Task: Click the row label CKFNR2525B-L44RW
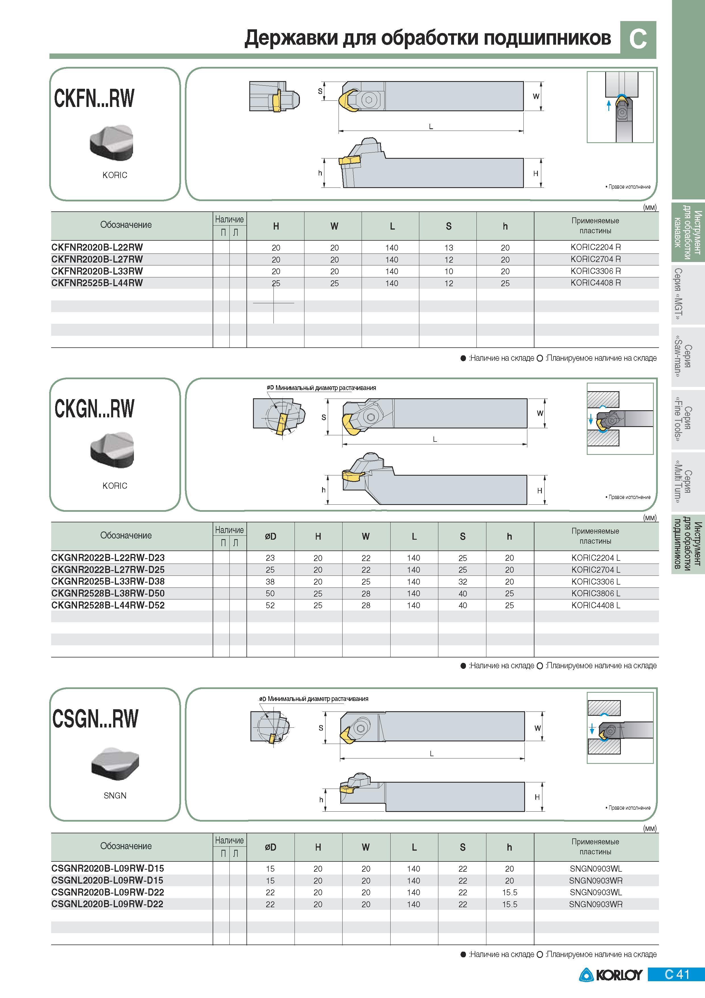click(x=97, y=283)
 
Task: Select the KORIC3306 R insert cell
click(x=596, y=271)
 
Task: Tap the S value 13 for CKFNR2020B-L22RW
click(x=449, y=248)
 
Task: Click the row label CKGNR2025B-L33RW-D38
click(x=108, y=582)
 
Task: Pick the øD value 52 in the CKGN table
click(x=270, y=605)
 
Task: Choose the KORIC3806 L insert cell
click(x=596, y=593)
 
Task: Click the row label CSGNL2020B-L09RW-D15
click(x=107, y=880)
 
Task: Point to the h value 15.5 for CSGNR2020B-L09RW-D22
click(x=509, y=892)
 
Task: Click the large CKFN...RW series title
click(x=94, y=98)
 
